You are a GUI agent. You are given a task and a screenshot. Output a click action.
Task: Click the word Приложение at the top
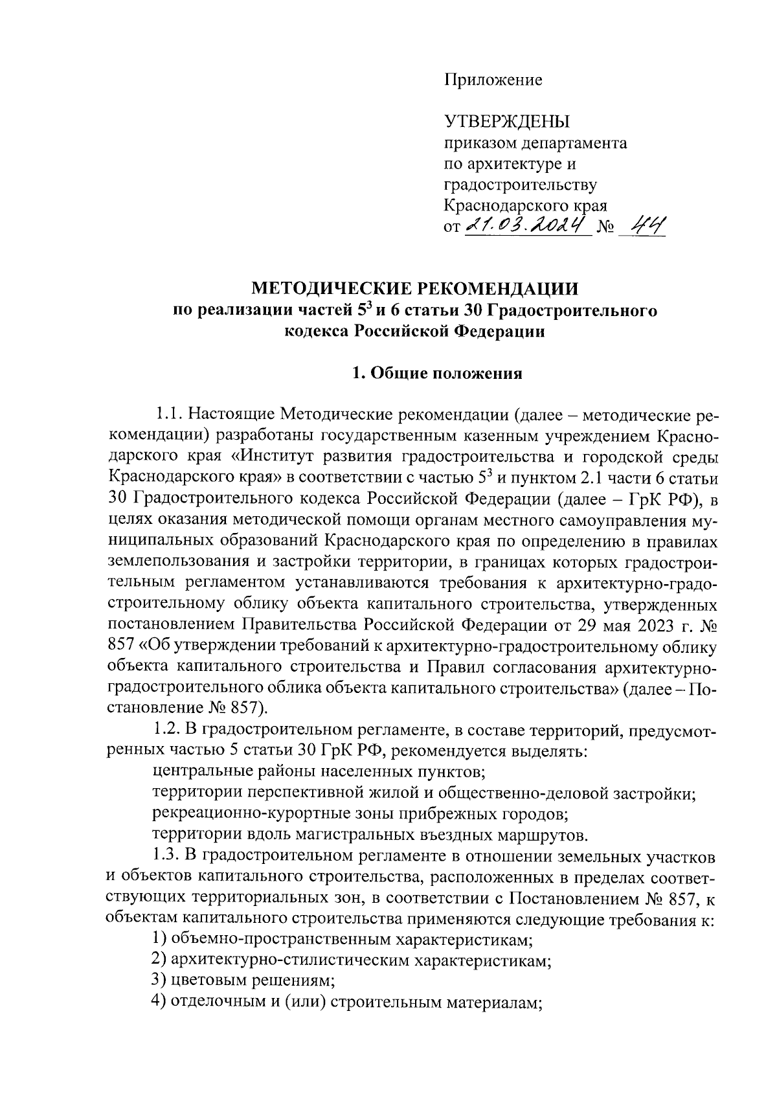[x=493, y=80]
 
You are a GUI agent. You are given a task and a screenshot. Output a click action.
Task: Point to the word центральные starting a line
[x=194, y=771]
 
